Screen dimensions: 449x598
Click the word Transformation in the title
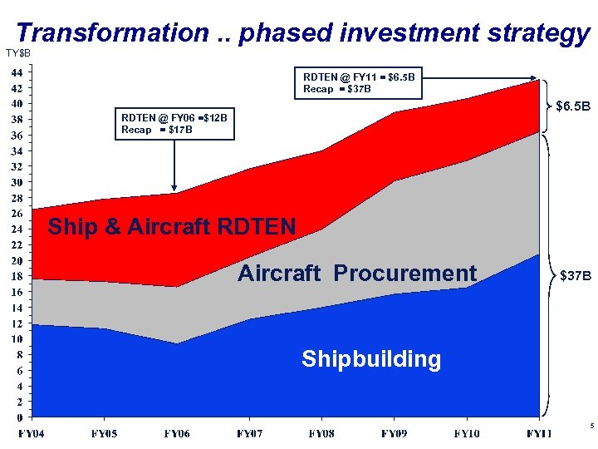click(112, 32)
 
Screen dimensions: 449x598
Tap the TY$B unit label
click(18, 54)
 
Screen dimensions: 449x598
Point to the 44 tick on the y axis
click(17, 72)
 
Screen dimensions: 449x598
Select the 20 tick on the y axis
click(17, 261)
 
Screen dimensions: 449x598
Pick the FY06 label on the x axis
click(176, 433)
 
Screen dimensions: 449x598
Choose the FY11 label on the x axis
click(539, 433)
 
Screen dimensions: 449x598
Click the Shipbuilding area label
click(371, 359)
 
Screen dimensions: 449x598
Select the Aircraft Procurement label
click(357, 274)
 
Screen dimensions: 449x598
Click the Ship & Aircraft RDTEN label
click(171, 226)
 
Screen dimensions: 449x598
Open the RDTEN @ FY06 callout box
click(174, 124)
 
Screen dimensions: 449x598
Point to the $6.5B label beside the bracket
click(573, 106)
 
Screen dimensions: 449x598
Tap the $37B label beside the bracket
click(576, 274)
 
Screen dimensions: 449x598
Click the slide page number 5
click(591, 427)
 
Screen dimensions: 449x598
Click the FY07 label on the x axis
click(251, 433)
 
